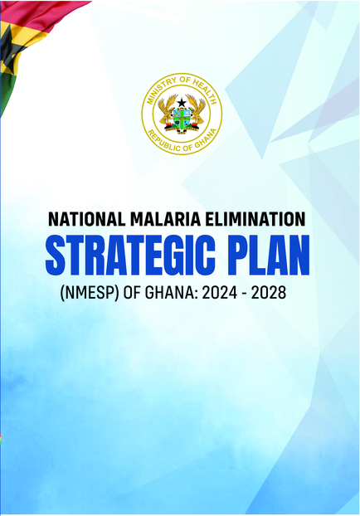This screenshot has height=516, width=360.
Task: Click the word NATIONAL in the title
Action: pyautogui.click(x=86, y=219)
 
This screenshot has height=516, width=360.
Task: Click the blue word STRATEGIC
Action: pyautogui.click(x=130, y=255)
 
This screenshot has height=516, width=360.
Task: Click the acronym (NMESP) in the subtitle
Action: pyautogui.click(x=90, y=293)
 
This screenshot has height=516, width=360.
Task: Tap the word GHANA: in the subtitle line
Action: pyautogui.click(x=171, y=293)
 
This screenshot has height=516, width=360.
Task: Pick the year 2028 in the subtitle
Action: pyautogui.click(x=269, y=293)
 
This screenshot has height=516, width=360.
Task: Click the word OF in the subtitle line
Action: pyautogui.click(x=132, y=293)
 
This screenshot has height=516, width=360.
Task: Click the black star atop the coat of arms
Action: pyautogui.click(x=182, y=103)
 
